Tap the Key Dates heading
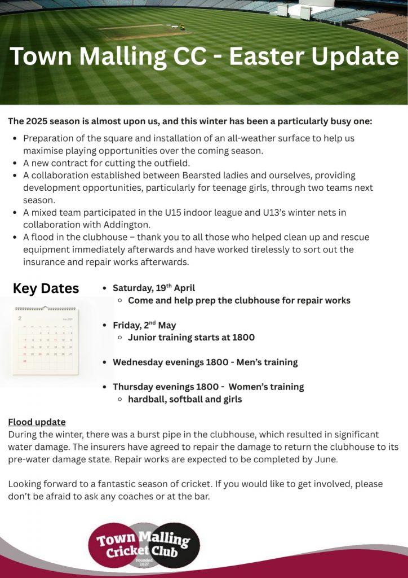[46, 288]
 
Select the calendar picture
[46, 341]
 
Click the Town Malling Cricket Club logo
[144, 545]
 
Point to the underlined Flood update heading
[37, 422]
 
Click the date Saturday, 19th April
[154, 288]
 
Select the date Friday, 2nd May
[144, 325]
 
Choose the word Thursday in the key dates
[134, 387]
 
